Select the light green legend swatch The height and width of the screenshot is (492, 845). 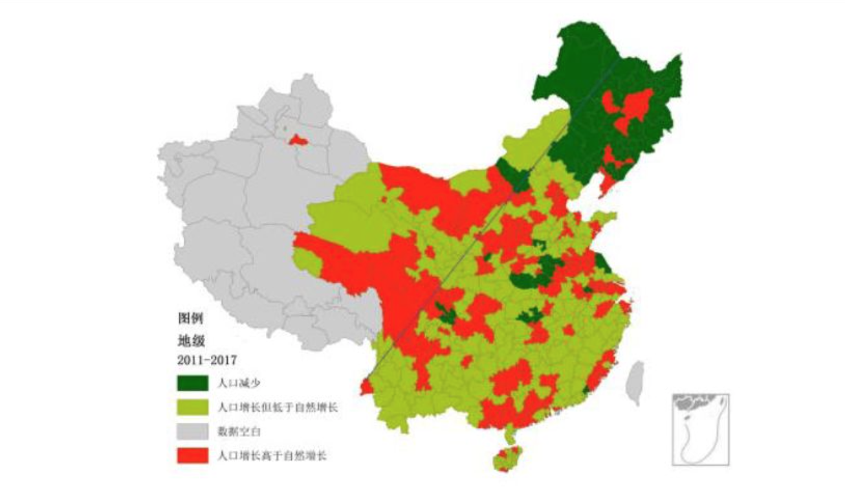pyautogui.click(x=192, y=408)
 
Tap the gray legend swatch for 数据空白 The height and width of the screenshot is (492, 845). pyautogui.click(x=192, y=431)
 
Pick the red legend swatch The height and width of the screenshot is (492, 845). pyautogui.click(x=192, y=455)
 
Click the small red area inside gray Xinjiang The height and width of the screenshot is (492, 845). pyautogui.click(x=297, y=139)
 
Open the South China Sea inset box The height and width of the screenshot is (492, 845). pyautogui.click(x=700, y=429)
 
